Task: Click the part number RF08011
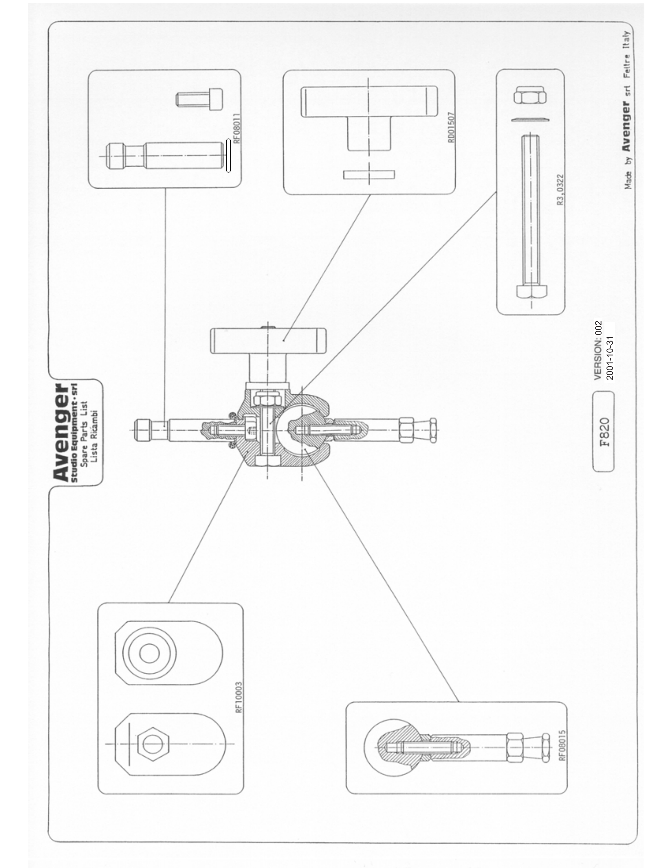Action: pos(236,129)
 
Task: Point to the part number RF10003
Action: pos(239,698)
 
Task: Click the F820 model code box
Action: pos(604,432)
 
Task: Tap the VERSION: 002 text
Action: pos(599,350)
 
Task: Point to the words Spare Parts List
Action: pos(84,433)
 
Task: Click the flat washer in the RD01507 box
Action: pos(369,174)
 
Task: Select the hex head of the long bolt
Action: pos(532,292)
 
